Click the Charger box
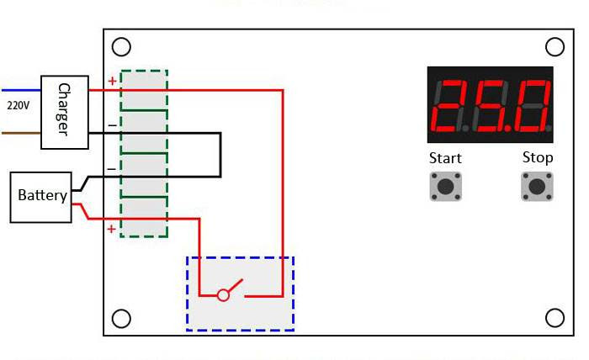[65, 112]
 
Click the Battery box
[41, 198]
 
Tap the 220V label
[18, 105]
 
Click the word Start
[445, 158]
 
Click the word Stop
[538, 157]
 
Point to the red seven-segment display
[491, 105]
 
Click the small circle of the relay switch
[223, 295]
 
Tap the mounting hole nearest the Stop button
[555, 318]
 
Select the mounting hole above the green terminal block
[121, 47]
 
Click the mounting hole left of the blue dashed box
[121, 318]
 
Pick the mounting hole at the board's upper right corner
[555, 47]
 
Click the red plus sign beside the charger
[112, 81]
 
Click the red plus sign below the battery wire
[111, 229]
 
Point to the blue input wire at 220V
[21, 90]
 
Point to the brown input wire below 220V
[21, 133]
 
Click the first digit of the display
[449, 105]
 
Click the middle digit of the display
[491, 105]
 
